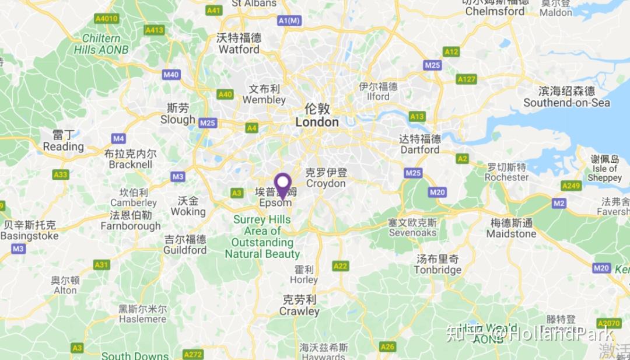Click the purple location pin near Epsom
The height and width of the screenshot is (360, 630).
click(283, 186)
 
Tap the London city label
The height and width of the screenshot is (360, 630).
click(317, 116)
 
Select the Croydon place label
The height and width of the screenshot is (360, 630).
click(326, 178)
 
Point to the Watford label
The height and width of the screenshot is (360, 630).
click(239, 44)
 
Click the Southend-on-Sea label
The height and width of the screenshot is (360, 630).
click(566, 97)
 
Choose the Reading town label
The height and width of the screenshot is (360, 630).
click(63, 141)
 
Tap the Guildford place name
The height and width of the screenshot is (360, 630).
click(185, 244)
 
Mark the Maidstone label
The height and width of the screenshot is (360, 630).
click(511, 228)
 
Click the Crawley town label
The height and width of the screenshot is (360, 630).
click(299, 306)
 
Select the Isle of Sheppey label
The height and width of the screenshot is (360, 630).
click(604, 168)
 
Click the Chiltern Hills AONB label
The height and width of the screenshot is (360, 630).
click(101, 44)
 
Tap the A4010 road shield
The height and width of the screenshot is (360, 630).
click(106, 19)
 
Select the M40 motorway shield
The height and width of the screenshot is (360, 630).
click(171, 75)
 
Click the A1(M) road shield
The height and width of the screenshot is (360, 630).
click(289, 21)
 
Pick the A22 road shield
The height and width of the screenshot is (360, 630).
click(340, 266)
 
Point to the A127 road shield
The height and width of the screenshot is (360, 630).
click(467, 79)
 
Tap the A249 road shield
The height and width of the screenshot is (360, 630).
click(570, 186)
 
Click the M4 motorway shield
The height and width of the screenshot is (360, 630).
click(118, 138)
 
